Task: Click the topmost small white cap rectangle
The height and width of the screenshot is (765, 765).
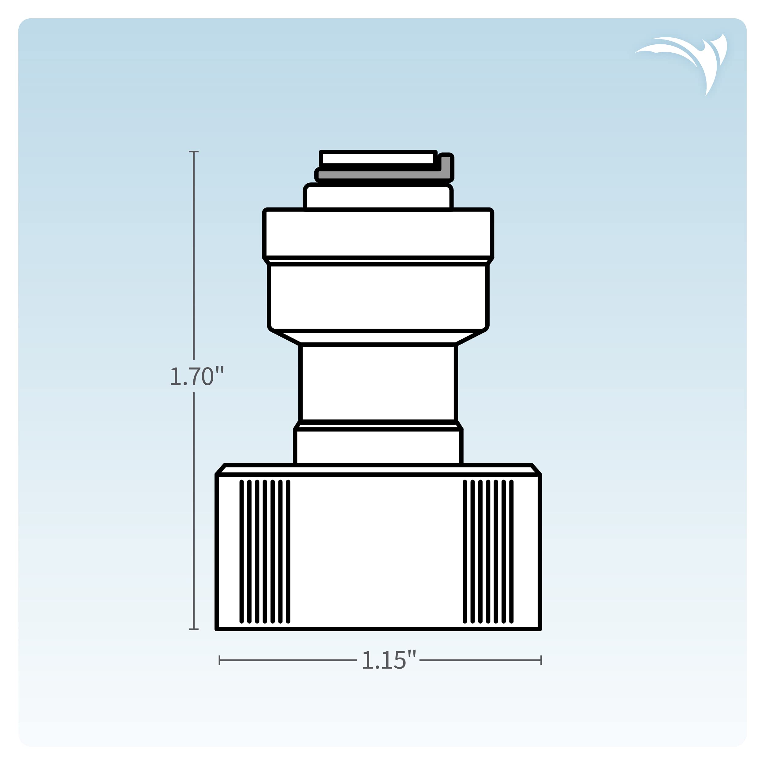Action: [x=378, y=159]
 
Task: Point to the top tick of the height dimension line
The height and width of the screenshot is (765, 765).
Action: [x=194, y=152]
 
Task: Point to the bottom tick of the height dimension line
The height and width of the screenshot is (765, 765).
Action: [x=194, y=629]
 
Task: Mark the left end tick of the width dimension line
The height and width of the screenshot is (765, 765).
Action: [x=219, y=660]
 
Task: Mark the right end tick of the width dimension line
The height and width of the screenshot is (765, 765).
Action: [x=541, y=660]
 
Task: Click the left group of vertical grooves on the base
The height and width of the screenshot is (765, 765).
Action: [x=265, y=552]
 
